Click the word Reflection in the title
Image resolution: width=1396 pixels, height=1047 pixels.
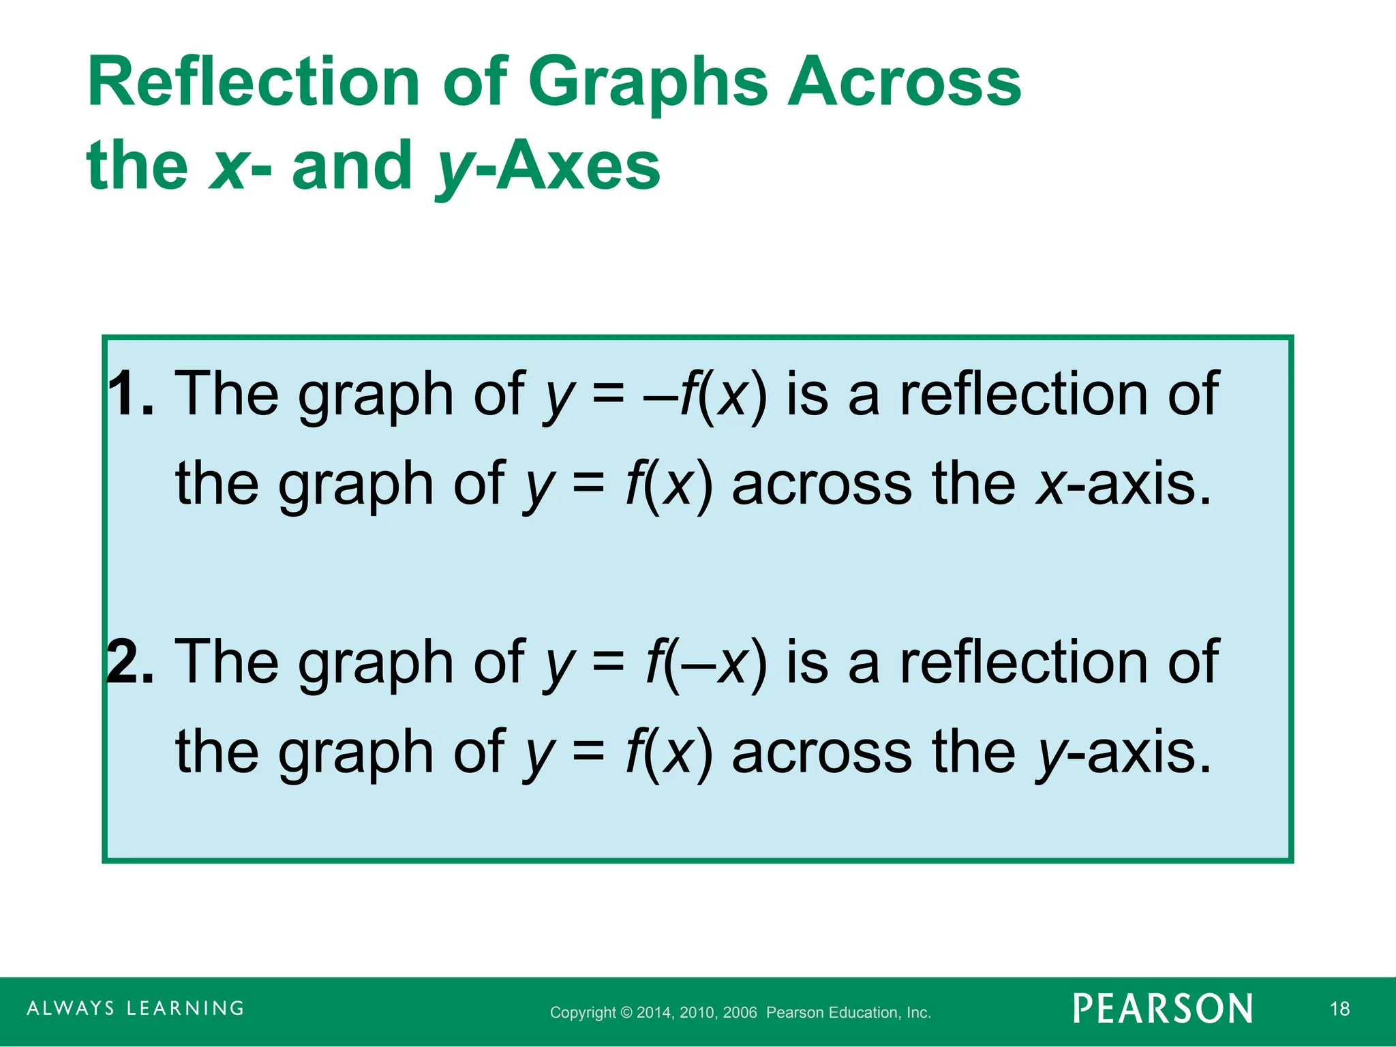[x=252, y=83]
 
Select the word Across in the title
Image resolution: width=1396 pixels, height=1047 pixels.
[x=904, y=83]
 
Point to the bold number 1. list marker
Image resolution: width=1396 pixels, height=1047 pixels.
[x=132, y=394]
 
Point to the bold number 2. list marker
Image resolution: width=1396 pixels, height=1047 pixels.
[x=132, y=662]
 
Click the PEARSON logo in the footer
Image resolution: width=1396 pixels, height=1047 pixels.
[x=1163, y=1009]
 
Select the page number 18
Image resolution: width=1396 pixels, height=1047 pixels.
[x=1339, y=1009]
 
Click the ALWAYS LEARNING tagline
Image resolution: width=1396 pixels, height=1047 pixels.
[x=136, y=1008]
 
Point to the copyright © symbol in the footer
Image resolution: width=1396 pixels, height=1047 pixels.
[x=626, y=1013]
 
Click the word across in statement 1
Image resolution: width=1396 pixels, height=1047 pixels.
[x=821, y=485]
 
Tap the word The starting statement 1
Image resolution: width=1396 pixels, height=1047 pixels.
[x=227, y=394]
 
